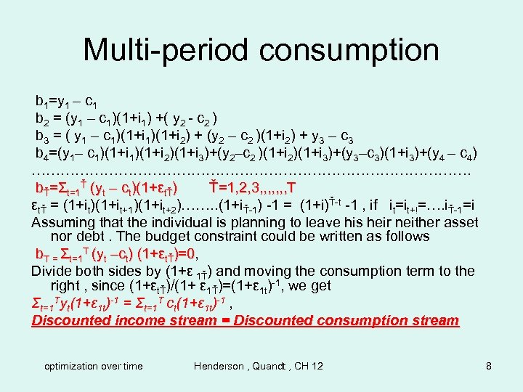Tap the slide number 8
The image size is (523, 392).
coord(489,366)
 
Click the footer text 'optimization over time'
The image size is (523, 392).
coord(93,366)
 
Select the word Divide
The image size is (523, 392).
coord(55,271)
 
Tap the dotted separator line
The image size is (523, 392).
coord(251,172)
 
